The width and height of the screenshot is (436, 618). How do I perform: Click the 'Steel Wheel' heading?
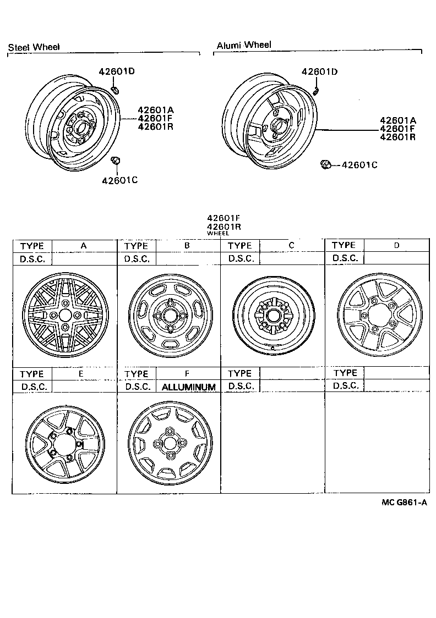tap(34, 48)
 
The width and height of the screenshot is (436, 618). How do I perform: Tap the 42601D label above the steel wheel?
tap(117, 71)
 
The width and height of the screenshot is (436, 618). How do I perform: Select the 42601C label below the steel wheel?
tap(118, 180)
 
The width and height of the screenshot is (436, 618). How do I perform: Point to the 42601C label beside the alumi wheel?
tap(359, 164)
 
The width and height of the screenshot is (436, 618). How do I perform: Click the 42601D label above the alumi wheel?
tap(319, 71)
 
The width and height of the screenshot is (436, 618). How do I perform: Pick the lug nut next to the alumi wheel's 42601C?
tap(325, 164)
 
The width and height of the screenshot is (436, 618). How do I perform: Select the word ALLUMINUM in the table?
tap(188, 387)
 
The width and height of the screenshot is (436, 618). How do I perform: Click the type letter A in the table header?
tap(84, 246)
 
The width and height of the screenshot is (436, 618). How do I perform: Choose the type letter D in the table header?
tap(396, 245)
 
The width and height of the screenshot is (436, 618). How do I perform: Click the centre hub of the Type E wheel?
tap(64, 445)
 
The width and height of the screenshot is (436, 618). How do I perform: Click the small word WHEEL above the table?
tap(217, 234)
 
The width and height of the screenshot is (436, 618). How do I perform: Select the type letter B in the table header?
tap(187, 246)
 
